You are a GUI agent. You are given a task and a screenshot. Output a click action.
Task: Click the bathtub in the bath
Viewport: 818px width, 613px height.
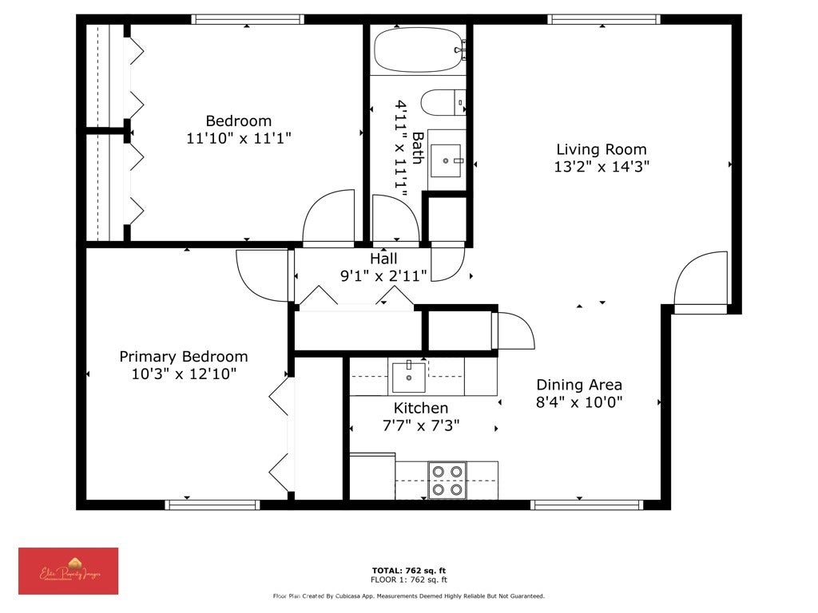pos(419,50)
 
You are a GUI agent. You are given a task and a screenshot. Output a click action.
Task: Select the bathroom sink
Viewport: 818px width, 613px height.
pos(446,160)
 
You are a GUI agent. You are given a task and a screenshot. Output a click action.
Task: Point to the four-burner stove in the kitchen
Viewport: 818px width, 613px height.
pos(447,481)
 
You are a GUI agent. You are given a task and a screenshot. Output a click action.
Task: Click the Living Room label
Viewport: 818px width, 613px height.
pos(601,149)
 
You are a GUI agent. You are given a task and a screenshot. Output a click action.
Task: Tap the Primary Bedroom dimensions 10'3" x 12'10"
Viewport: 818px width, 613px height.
pos(184,374)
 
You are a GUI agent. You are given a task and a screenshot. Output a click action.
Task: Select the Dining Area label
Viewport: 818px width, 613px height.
pos(578,385)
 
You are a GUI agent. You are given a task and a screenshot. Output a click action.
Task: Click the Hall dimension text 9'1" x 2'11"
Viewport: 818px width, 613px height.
pos(383,275)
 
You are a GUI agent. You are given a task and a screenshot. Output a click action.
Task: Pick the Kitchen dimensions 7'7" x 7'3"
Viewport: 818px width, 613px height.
pos(420,425)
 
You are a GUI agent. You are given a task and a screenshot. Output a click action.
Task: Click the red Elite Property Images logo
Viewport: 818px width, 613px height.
pos(69,571)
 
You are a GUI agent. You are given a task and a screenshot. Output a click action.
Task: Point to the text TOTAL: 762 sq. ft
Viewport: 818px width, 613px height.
pos(408,570)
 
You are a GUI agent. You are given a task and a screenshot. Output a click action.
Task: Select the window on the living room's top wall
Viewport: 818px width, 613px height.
pos(603,19)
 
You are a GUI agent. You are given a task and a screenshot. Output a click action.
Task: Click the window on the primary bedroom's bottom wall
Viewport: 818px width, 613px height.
pos(212,504)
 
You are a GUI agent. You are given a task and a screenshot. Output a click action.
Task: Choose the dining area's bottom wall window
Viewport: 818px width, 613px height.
pos(587,504)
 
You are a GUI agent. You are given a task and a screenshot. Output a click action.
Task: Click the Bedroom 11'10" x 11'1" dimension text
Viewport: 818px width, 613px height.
pos(238,138)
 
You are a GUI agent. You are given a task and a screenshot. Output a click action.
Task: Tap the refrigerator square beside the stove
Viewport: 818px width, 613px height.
pos(372,477)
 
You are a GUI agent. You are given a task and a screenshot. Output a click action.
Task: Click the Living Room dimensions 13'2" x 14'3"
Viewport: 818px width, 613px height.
pos(601,167)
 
